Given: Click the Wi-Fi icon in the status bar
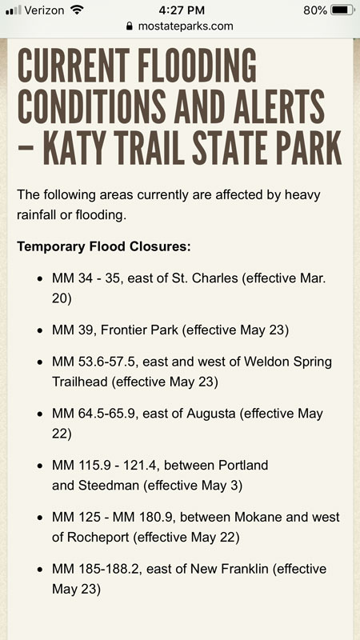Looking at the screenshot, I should tap(77, 10).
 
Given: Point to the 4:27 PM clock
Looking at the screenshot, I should tap(179, 10).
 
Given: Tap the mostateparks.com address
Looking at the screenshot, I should tap(186, 26).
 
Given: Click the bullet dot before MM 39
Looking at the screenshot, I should tap(40, 329).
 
